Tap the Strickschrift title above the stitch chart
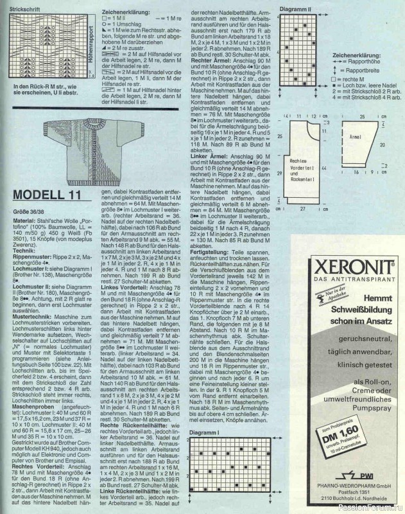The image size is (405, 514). pos(24,6)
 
